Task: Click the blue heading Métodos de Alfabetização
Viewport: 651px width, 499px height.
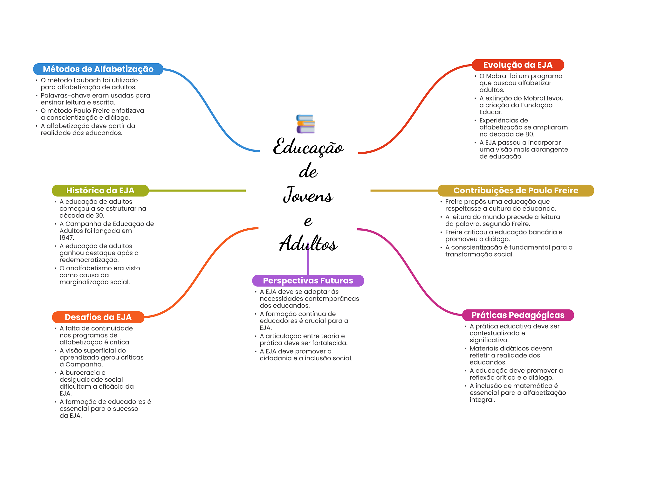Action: click(x=98, y=69)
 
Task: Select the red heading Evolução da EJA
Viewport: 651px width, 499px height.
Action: click(x=518, y=65)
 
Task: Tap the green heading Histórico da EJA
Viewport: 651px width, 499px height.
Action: click(x=100, y=191)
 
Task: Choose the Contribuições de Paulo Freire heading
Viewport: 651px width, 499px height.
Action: click(x=516, y=191)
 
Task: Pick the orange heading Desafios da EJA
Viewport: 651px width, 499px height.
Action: click(x=98, y=317)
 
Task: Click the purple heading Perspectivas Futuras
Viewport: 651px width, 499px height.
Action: click(x=308, y=281)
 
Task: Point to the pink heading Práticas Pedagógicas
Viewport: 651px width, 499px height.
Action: click(x=518, y=315)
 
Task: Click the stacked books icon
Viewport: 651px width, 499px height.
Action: click(x=305, y=124)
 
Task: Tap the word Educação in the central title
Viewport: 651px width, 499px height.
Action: click(x=308, y=147)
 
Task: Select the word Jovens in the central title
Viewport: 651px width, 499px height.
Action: click(x=308, y=195)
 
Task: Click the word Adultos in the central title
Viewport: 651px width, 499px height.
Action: click(x=308, y=244)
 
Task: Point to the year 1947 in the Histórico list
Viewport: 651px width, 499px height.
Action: click(x=66, y=238)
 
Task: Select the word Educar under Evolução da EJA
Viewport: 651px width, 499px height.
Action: click(x=490, y=112)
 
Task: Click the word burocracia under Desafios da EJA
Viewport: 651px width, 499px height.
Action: click(x=83, y=372)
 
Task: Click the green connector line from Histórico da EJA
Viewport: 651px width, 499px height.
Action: click(x=197, y=191)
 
